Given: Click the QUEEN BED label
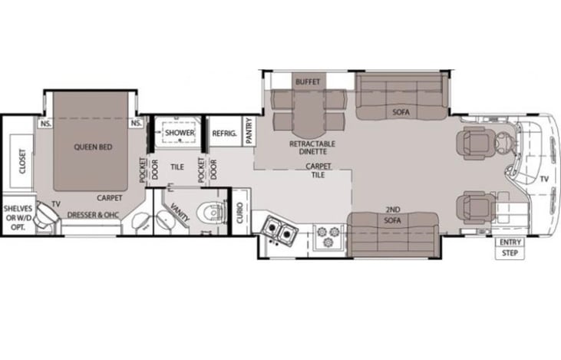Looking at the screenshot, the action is [93, 147].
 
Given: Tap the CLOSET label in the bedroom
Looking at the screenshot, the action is [22, 161].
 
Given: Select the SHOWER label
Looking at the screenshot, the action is [180, 133].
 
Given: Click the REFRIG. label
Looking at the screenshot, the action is [224, 134].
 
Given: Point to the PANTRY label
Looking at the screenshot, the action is [249, 130].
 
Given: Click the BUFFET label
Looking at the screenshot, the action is [308, 82].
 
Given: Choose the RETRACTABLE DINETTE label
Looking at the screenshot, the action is [312, 147].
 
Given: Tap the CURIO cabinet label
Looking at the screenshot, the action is [239, 213].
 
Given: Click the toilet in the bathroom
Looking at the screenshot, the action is [214, 212].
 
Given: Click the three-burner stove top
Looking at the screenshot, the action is [328, 236].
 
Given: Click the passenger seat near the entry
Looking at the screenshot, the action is [476, 207].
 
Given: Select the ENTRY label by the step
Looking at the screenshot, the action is [510, 243].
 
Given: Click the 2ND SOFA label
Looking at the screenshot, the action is [392, 215].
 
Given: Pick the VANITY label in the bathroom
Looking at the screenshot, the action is [180, 212].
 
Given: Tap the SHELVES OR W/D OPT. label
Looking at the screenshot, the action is [18, 217].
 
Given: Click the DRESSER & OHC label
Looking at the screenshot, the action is [93, 215].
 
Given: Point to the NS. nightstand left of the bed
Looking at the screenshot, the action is [46, 124].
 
